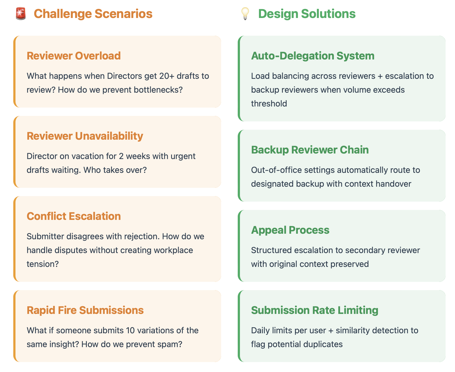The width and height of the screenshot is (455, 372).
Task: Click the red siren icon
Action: (21, 14)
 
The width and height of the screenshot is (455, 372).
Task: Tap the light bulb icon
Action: (245, 14)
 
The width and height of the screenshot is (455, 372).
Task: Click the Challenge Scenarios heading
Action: (93, 14)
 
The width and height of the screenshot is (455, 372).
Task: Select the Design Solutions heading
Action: (307, 14)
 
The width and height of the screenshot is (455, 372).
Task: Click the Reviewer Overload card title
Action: (74, 56)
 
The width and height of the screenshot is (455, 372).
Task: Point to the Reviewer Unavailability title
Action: (85, 136)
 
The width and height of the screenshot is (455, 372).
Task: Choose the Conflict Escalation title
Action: (74, 216)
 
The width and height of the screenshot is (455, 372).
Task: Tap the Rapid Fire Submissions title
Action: (85, 310)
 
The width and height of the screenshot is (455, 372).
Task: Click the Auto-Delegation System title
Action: (313, 56)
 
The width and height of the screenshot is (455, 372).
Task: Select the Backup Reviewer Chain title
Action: (310, 150)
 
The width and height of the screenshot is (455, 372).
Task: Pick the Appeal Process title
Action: (290, 230)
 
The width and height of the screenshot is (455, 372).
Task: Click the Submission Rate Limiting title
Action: (315, 310)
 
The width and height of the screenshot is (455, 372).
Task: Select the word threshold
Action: (269, 104)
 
